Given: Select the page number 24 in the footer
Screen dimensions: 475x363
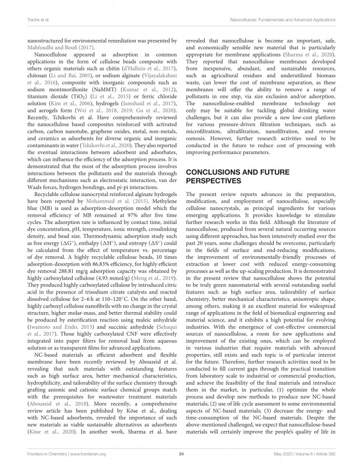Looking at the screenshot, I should coord(181,454).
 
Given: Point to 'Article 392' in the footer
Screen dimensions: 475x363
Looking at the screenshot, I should coord(324,454).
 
